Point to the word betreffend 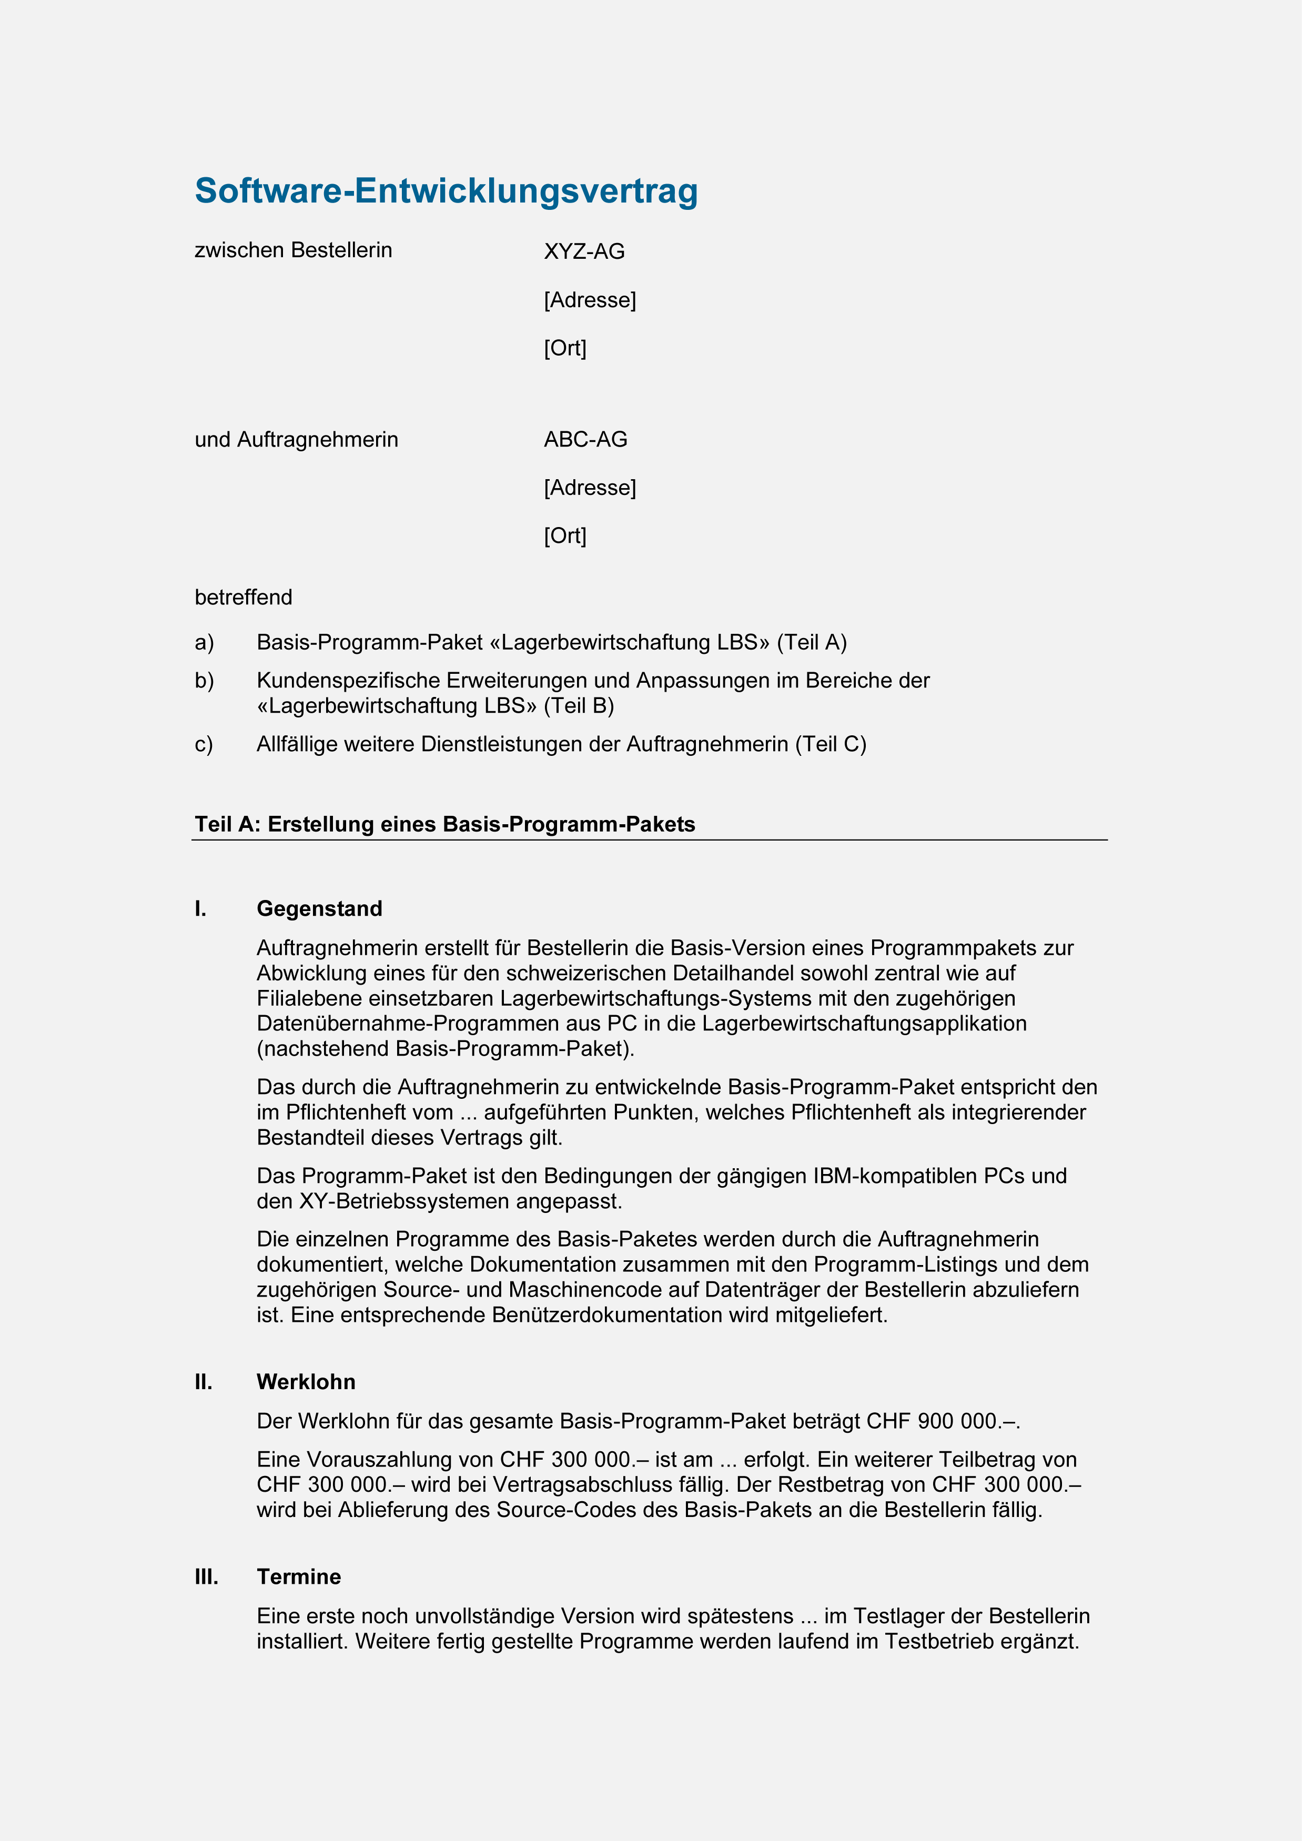(245, 603)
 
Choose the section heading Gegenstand (322, 917)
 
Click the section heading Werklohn (309, 1395)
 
